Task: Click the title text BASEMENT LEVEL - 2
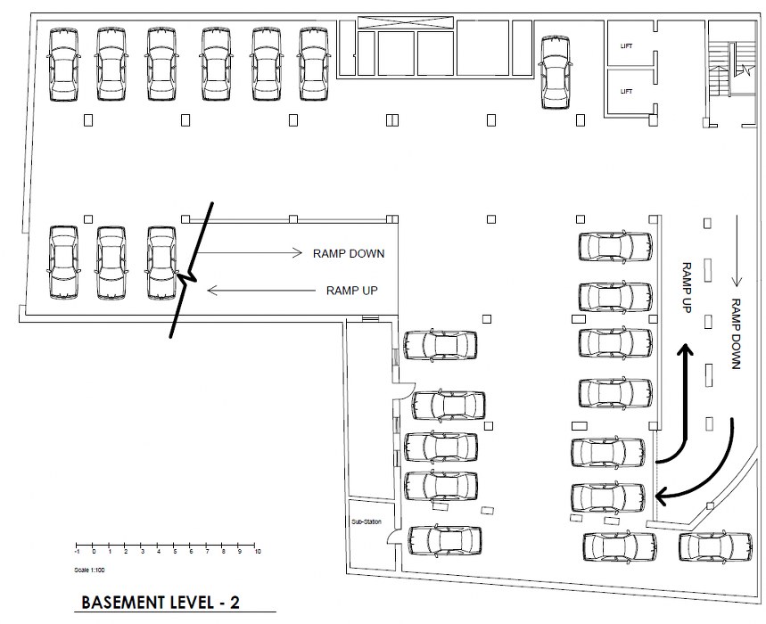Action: click(161, 602)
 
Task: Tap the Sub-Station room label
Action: click(367, 522)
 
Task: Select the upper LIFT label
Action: click(626, 45)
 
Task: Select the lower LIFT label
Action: click(626, 91)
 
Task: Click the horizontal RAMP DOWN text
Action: click(348, 253)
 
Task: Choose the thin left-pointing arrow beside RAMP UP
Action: click(259, 290)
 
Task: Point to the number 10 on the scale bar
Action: click(257, 554)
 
